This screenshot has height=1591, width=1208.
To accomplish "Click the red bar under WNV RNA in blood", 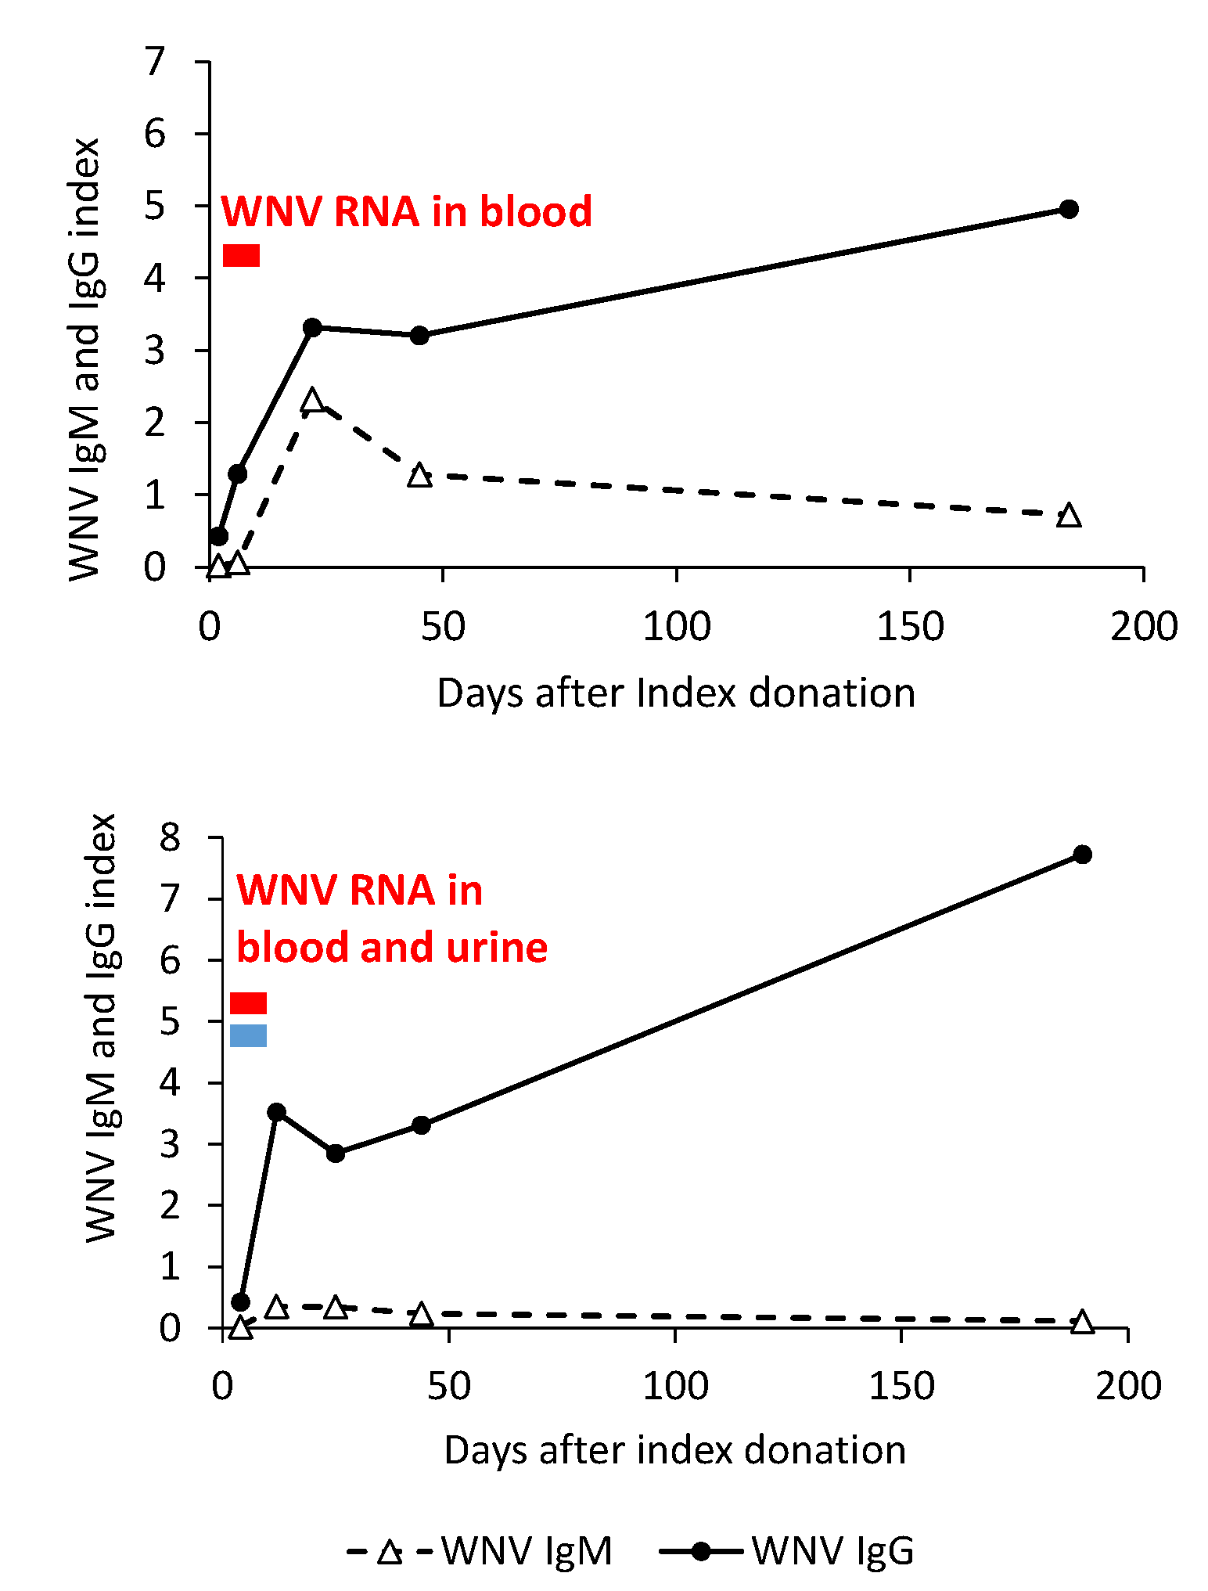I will (x=241, y=255).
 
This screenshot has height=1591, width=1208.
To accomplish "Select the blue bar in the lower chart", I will (x=248, y=1035).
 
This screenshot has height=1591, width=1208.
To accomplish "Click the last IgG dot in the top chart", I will (x=1069, y=209).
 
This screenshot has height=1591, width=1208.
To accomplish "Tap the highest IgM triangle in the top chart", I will (x=312, y=400).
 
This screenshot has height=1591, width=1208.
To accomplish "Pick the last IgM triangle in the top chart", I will (x=1069, y=516).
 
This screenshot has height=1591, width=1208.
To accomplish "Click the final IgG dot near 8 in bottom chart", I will (x=1082, y=855).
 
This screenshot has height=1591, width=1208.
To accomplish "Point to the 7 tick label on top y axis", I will (x=155, y=61).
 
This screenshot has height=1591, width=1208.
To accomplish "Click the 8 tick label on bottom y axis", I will (x=170, y=838).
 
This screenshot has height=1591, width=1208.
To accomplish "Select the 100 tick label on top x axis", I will (x=676, y=627).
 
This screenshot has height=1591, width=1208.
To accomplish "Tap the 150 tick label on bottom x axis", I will (x=901, y=1386).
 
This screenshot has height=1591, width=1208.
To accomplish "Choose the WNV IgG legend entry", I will (x=787, y=1550).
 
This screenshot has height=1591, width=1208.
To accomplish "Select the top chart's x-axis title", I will (x=676, y=693).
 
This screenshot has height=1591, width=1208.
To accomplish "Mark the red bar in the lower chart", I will (x=248, y=1002).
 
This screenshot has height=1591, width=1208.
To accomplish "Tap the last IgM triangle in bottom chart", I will (x=1082, y=1322).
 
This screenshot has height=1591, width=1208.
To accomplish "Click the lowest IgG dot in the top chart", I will (x=219, y=536).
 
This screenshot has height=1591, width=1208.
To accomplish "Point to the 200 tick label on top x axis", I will (x=1143, y=627).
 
